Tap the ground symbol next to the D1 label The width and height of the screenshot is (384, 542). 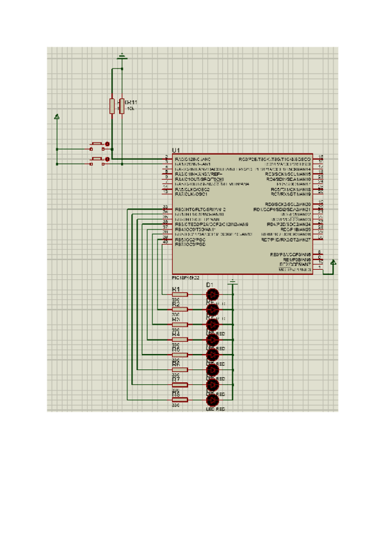233,282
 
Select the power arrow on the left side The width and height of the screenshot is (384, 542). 57,117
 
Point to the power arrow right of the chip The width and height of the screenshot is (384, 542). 333,261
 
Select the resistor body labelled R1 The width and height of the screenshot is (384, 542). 179,295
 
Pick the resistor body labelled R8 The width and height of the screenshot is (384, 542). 179,400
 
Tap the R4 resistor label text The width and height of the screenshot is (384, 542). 176,334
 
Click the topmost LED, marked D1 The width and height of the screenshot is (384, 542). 212,295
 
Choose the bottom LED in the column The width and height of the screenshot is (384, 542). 212,400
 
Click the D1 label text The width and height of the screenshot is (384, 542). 209,283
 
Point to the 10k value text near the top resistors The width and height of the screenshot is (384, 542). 131,109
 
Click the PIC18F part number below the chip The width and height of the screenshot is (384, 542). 186,278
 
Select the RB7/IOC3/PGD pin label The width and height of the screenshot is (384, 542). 190,245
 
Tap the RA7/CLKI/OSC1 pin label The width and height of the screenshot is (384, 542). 192,194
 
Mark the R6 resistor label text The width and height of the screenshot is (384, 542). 176,364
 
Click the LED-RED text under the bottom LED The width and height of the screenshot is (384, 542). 216,408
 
